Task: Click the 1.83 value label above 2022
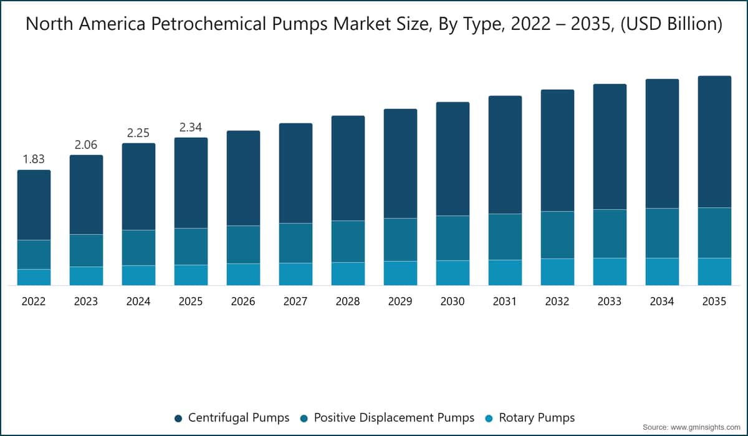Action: [34, 159]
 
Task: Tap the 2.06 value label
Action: [86, 145]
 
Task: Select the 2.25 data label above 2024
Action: [138, 133]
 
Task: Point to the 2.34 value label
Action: [191, 128]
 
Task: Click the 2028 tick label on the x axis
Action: [348, 301]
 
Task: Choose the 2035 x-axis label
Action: [714, 301]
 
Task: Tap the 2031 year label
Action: [504, 301]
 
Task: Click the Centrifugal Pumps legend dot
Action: [178, 419]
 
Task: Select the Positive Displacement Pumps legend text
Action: [394, 418]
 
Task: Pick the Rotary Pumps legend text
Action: [537, 418]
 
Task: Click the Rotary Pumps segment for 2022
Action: [34, 277]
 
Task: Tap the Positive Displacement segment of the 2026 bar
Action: [244, 245]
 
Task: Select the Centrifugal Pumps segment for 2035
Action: [714, 142]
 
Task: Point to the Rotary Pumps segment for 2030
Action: [453, 273]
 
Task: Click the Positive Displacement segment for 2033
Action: [610, 234]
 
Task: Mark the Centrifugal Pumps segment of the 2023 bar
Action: [86, 195]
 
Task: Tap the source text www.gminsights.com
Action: [705, 427]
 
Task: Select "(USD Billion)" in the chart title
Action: [671, 24]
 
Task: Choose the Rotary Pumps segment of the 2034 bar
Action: [662, 272]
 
